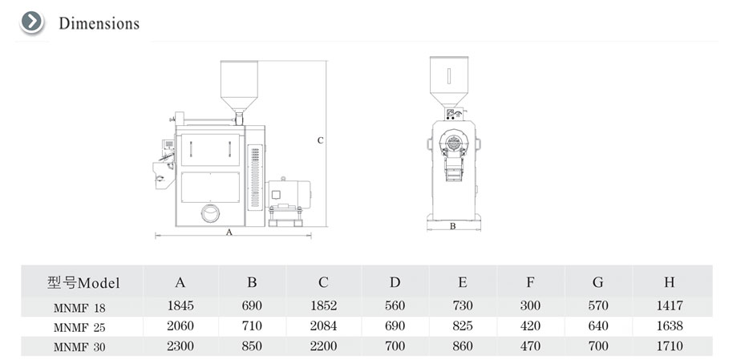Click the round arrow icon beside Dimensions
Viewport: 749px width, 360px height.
click(x=32, y=22)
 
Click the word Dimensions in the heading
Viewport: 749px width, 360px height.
click(x=99, y=23)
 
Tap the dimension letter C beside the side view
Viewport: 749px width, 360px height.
click(x=321, y=140)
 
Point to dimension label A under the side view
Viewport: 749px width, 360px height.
click(x=229, y=232)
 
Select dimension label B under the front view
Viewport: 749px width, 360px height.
click(x=453, y=226)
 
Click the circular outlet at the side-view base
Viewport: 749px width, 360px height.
click(x=210, y=213)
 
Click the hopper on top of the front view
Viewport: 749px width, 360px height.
click(x=448, y=81)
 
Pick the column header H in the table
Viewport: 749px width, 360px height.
click(x=670, y=282)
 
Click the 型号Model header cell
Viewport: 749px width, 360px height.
click(x=83, y=283)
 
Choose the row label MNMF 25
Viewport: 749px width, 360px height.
click(x=79, y=328)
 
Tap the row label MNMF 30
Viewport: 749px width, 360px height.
click(x=79, y=348)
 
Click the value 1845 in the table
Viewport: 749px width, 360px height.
click(x=180, y=305)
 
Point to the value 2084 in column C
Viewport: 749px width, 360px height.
click(x=323, y=326)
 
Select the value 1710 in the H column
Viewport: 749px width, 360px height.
click(x=670, y=346)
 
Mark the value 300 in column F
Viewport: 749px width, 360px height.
click(x=530, y=305)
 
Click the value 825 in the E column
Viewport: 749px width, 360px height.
click(x=463, y=326)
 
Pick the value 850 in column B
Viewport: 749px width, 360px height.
click(x=252, y=346)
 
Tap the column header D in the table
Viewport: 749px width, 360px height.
click(x=395, y=282)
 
